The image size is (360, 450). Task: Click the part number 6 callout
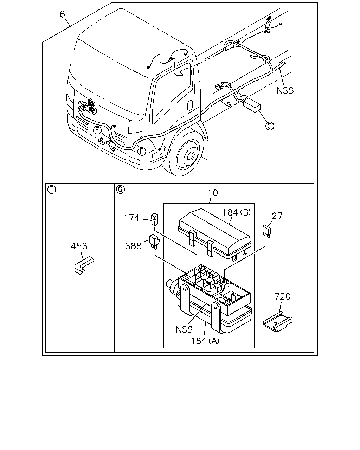62,14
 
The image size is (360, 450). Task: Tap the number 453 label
79,246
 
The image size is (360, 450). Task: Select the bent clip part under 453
84,265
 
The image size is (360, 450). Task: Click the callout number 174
131,218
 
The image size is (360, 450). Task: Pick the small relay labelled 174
155,219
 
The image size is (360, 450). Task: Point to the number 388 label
133,246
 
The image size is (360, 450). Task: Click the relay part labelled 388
154,242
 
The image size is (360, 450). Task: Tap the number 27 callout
277,216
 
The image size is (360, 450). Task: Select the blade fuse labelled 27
266,231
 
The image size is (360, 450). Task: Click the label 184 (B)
237,212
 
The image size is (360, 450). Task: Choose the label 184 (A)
205,341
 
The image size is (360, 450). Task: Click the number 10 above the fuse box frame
213,193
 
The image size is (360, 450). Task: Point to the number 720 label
282,296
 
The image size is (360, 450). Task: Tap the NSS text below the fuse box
184,329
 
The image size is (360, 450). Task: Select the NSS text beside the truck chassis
285,90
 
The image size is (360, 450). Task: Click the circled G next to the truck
270,126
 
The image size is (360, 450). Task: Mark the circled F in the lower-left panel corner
52,189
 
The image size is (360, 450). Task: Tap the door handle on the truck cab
190,105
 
